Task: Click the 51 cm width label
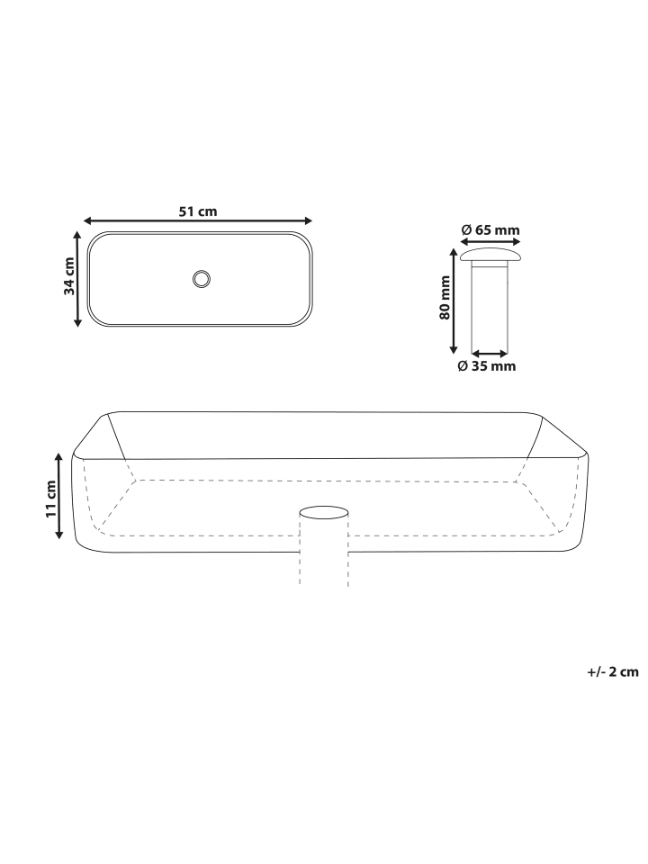pos(198,211)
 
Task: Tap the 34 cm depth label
pos(69,276)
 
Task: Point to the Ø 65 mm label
pos(490,230)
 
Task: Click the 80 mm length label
pos(445,298)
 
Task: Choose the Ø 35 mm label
pos(487,366)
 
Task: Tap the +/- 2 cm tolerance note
pos(613,671)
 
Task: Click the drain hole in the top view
pos(202,278)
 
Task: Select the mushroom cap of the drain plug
pos(490,255)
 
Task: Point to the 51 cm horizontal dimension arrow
pos(198,221)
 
